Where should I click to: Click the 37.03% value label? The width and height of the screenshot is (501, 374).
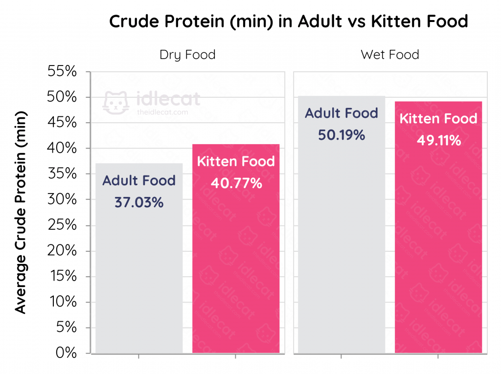tap(139, 202)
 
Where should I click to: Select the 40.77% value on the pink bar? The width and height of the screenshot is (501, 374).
tap(236, 184)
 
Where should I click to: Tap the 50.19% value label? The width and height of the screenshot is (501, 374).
tap(342, 135)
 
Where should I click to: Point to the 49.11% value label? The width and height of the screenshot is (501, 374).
tap(439, 141)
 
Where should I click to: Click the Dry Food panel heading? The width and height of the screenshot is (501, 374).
tap(187, 55)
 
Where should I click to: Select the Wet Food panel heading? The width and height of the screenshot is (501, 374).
tap(390, 55)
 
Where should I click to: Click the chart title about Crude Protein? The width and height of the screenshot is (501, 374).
tap(288, 22)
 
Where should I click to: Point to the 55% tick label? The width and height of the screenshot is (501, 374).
tap(62, 72)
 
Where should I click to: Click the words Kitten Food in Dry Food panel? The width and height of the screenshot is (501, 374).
tap(236, 162)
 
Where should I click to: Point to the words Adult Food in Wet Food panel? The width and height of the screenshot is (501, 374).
tap(342, 113)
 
